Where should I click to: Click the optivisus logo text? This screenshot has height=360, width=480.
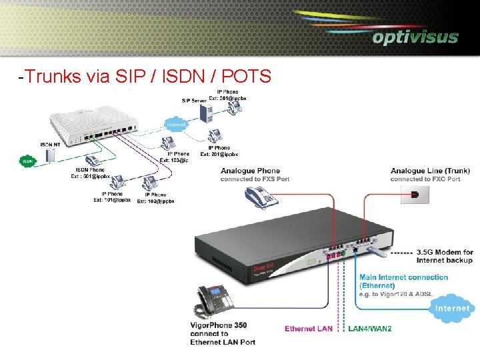[415, 37]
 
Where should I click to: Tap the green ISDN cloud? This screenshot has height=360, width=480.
[28, 161]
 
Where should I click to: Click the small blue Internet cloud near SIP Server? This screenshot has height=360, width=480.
[176, 124]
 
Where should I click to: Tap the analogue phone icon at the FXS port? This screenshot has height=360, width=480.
[260, 197]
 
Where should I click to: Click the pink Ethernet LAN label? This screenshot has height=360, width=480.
[309, 329]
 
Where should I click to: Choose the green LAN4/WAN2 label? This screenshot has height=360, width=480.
[370, 329]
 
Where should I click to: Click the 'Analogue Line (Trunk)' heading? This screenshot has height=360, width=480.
[430, 171]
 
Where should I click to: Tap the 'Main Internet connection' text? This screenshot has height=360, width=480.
[404, 277]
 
